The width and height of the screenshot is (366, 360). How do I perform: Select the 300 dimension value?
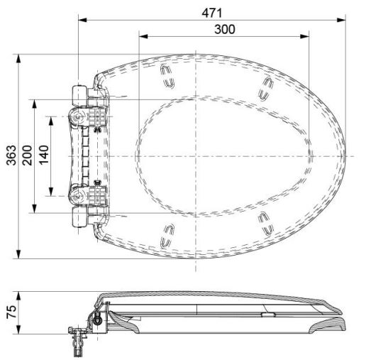tap(224, 28)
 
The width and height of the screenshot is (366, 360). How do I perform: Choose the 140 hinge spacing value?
tap(44, 155)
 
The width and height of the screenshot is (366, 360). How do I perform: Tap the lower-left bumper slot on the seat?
tap(168, 234)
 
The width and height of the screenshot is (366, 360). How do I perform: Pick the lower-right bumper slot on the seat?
tap(265, 222)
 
